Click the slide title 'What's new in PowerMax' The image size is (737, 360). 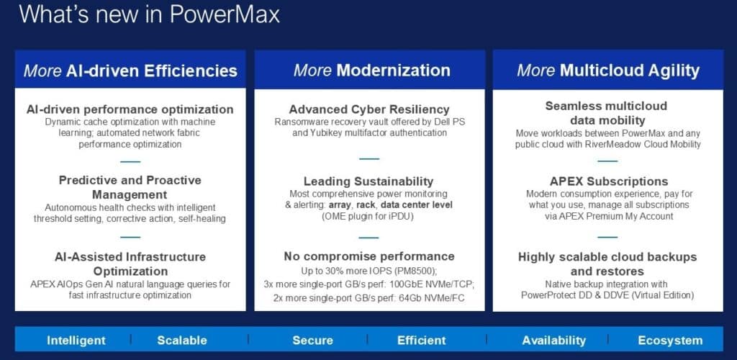[150, 14]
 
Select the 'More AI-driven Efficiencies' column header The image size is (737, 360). [130, 71]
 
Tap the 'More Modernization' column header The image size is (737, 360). [372, 71]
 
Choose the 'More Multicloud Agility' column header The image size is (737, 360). [608, 71]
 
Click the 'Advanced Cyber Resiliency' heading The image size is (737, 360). [369, 109]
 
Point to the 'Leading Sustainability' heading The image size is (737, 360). [368, 181]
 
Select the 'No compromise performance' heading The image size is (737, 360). [369, 256]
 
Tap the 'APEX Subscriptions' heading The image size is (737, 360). [609, 181]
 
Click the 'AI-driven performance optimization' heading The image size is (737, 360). [130, 109]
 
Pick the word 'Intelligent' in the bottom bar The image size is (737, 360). [76, 341]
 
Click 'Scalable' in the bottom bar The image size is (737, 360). [182, 341]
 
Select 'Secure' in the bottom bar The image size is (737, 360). [312, 341]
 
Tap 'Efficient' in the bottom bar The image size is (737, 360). [421, 341]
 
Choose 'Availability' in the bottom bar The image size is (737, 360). [553, 341]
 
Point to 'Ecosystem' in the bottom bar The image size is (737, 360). [670, 341]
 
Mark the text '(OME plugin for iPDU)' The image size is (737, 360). [369, 217]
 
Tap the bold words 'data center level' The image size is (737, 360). [417, 205]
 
